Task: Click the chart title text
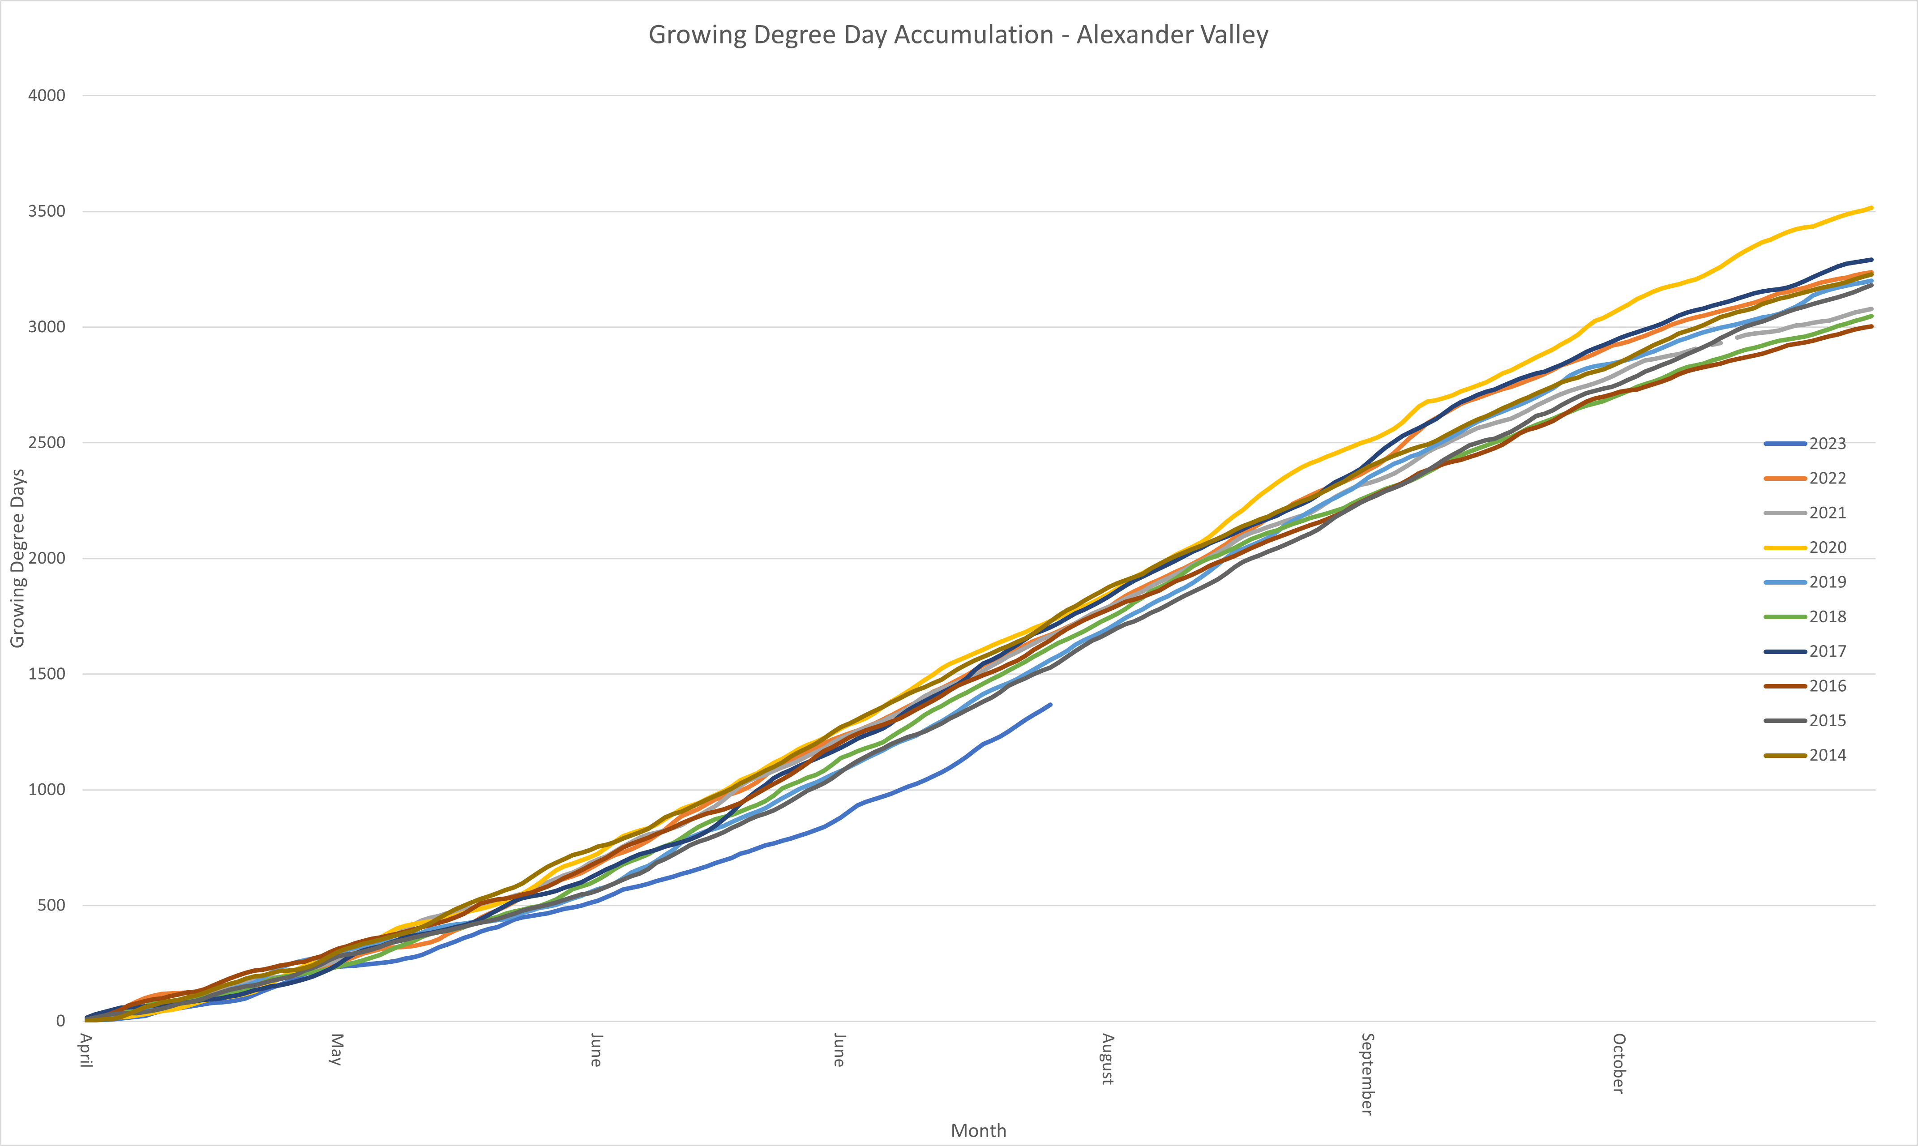click(x=958, y=35)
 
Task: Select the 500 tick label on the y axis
click(x=52, y=905)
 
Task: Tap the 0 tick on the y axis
click(x=60, y=1021)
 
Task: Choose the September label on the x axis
click(x=1367, y=1073)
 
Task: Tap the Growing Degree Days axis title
click(x=17, y=558)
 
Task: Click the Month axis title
click(x=978, y=1130)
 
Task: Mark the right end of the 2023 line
click(x=1050, y=704)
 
